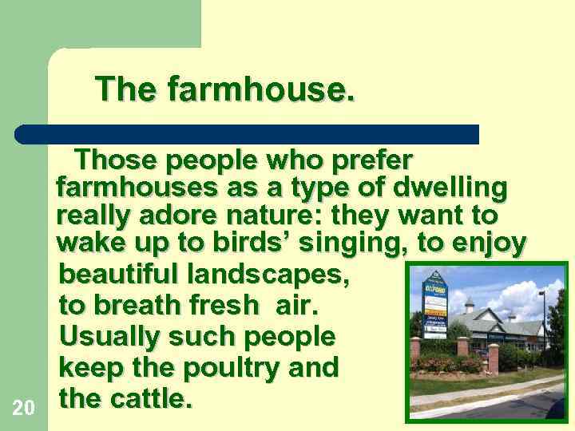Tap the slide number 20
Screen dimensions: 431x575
tap(24, 409)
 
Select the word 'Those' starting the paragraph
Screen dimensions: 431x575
tap(113, 160)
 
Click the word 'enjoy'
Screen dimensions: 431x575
tap(487, 243)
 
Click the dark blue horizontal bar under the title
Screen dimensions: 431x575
tap(248, 134)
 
